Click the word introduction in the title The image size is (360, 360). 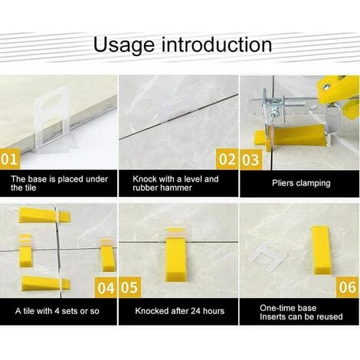tap(217, 44)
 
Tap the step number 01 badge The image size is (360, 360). tap(9, 159)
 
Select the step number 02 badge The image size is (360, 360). tap(227, 159)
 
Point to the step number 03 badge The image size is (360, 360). tap(250, 160)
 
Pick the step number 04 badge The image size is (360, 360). tap(106, 288)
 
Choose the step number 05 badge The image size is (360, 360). tap(130, 287)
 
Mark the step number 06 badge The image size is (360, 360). tap(347, 287)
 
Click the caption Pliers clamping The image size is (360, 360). tap(301, 183)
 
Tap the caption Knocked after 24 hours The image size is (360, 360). tap(180, 311)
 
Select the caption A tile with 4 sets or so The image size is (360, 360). tap(57, 311)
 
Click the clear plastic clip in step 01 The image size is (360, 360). tap(53, 118)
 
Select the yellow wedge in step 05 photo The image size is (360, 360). tap(175, 257)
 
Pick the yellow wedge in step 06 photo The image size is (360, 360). tap(320, 250)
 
